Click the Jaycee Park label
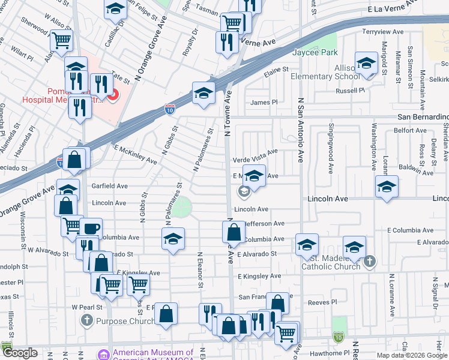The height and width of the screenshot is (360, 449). (x=315, y=52)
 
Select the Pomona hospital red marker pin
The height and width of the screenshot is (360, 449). (x=112, y=94)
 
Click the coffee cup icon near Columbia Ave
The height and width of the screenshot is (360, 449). (x=91, y=229)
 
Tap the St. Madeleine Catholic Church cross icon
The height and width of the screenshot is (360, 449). (x=370, y=261)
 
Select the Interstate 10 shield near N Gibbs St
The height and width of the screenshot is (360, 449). (x=170, y=109)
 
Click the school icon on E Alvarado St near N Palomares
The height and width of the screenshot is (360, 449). (x=172, y=239)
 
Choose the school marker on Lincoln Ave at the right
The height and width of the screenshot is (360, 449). (x=387, y=186)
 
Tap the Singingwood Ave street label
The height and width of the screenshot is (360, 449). (x=331, y=148)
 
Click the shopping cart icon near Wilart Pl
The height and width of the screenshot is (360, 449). (x=61, y=41)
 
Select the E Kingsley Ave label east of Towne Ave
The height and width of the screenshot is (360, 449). (x=259, y=276)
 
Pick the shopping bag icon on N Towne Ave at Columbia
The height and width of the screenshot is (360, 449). (x=234, y=232)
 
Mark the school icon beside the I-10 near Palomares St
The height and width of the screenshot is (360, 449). (x=203, y=93)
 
